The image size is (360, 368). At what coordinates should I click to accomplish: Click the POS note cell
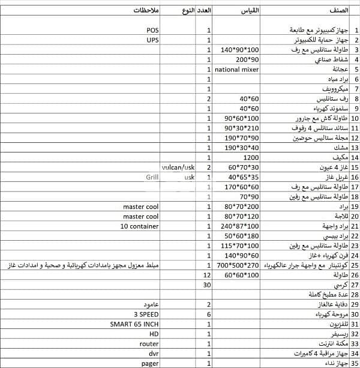pyautogui.click(x=152, y=30)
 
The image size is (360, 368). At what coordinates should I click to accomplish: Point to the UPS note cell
pyautogui.click(x=152, y=40)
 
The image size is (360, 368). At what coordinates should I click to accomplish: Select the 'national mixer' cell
pyautogui.click(x=236, y=70)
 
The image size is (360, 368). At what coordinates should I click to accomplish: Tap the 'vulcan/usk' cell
pyautogui.click(x=178, y=167)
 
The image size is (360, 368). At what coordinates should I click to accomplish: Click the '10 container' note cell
pyautogui.click(x=139, y=226)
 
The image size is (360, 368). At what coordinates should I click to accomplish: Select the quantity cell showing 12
pyautogui.click(x=207, y=275)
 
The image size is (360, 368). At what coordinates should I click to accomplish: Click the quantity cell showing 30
pyautogui.click(x=207, y=285)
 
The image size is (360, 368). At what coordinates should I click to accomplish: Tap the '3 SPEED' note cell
pyautogui.click(x=147, y=314)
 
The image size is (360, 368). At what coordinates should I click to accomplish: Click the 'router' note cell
pyautogui.click(x=149, y=343)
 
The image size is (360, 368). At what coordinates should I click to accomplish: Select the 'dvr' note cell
pyautogui.click(x=152, y=353)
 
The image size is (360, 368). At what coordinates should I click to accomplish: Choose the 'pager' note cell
pyautogui.click(x=150, y=363)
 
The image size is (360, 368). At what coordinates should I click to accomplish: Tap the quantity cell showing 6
pyautogui.click(x=208, y=314)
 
